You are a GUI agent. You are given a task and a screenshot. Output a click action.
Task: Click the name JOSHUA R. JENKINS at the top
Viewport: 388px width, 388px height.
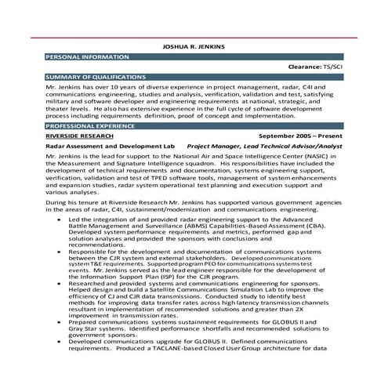193,46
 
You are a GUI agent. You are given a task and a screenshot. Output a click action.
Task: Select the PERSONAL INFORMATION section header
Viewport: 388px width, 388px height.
88,57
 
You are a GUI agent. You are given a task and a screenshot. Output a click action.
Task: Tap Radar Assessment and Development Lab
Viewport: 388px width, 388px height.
110,146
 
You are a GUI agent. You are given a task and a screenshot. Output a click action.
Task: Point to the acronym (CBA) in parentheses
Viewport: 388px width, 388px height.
317,227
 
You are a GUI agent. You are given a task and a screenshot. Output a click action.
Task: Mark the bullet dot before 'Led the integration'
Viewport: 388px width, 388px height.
60,220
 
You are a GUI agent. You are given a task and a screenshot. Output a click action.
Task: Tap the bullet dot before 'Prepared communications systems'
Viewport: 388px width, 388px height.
60,322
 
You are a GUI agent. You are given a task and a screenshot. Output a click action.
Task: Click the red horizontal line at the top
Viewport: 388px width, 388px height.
194,37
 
